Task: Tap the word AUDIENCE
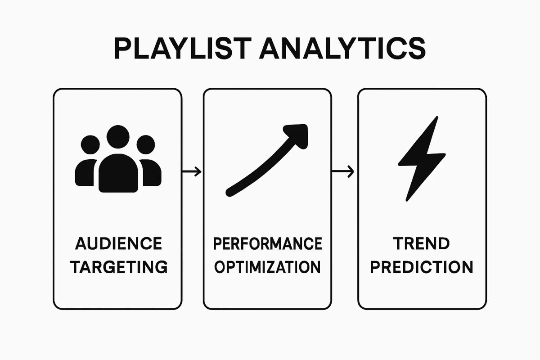click(x=118, y=244)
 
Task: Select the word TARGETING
click(x=119, y=267)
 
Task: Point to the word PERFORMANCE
click(x=267, y=244)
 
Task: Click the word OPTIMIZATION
click(x=267, y=267)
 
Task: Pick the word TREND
click(x=422, y=244)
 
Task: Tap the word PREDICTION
click(x=422, y=267)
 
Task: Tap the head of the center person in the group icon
click(x=118, y=137)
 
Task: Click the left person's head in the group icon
click(x=90, y=145)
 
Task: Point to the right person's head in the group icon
click(x=146, y=145)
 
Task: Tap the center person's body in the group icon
click(x=118, y=173)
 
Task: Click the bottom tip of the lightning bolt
click(x=408, y=199)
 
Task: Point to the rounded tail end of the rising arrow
click(x=229, y=193)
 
